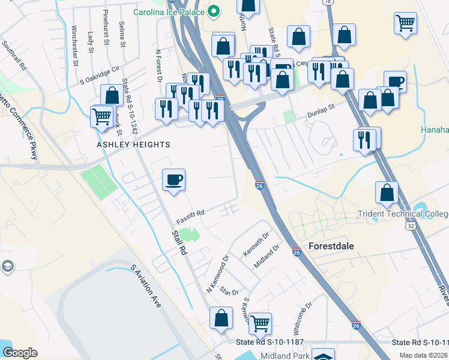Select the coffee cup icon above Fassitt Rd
pos(174,179)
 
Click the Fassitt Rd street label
pos(190,213)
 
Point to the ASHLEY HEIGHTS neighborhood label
pos(134,145)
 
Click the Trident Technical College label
pos(403,214)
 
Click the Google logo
pos(20,352)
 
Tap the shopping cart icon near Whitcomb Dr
pos(261,323)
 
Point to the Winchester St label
pos(75,45)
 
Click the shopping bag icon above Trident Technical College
pos(387,192)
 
